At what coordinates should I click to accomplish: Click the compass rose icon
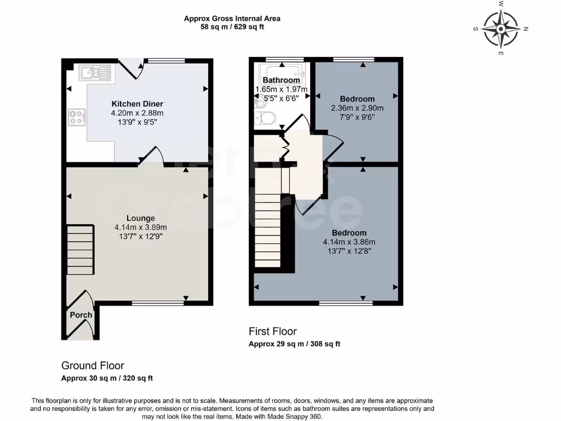pyautogui.click(x=501, y=28)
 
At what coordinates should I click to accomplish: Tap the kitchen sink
pyautogui.click(x=94, y=72)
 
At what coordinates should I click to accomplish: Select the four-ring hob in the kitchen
pyautogui.click(x=76, y=117)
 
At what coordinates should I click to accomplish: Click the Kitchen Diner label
pyautogui.click(x=137, y=104)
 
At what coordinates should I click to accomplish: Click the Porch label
pyautogui.click(x=81, y=315)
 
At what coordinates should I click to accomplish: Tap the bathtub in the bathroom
pyautogui.click(x=280, y=75)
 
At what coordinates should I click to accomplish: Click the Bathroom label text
pyautogui.click(x=281, y=80)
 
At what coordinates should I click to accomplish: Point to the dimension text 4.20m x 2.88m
pyautogui.click(x=137, y=113)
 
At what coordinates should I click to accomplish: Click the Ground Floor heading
pyautogui.click(x=93, y=366)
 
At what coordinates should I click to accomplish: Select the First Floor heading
pyautogui.click(x=272, y=332)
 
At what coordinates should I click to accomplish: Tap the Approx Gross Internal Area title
pyautogui.click(x=232, y=18)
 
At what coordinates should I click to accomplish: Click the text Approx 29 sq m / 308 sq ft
pyautogui.click(x=294, y=344)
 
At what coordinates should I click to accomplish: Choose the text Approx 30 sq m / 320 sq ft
pyautogui.click(x=107, y=378)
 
